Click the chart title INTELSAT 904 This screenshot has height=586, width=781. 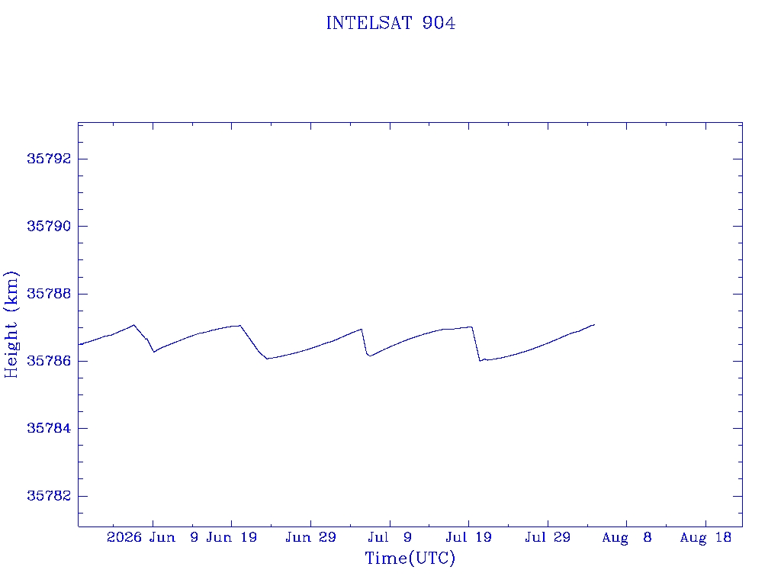390,23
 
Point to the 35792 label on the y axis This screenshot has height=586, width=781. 49,159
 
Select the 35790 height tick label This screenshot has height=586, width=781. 49,226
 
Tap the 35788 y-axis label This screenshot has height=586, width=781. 49,294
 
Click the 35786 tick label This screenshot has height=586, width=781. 49,361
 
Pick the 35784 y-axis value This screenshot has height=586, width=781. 49,428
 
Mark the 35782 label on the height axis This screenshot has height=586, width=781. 49,496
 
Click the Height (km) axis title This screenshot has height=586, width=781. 11,325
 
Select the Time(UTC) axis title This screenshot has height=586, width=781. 410,558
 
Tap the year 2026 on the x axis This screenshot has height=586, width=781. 124,537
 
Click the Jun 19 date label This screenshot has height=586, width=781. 232,537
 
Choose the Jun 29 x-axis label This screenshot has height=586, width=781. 311,537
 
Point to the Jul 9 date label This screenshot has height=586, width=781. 390,537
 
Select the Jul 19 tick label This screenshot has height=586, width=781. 469,537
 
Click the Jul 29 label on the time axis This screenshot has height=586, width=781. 548,537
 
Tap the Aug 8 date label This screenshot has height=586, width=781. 627,538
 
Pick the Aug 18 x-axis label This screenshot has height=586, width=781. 705,538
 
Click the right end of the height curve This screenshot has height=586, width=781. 594,324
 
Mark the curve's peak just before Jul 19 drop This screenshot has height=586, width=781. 471,327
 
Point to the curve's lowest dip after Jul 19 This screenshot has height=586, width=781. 480,361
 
